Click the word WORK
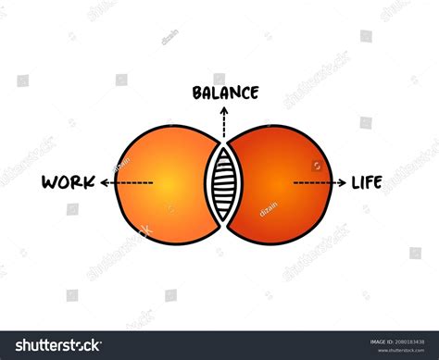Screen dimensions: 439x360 pos(68,182)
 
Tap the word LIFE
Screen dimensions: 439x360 pos(367,182)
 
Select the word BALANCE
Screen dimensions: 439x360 pos(225,93)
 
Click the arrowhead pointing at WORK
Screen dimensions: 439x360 pos(105,183)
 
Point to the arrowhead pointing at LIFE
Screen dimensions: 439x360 pos(339,183)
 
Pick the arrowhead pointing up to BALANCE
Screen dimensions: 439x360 pos(223,109)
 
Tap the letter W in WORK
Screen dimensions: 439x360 pos(49,182)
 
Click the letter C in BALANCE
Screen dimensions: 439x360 pos(244,93)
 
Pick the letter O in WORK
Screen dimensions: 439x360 pos(62,182)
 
